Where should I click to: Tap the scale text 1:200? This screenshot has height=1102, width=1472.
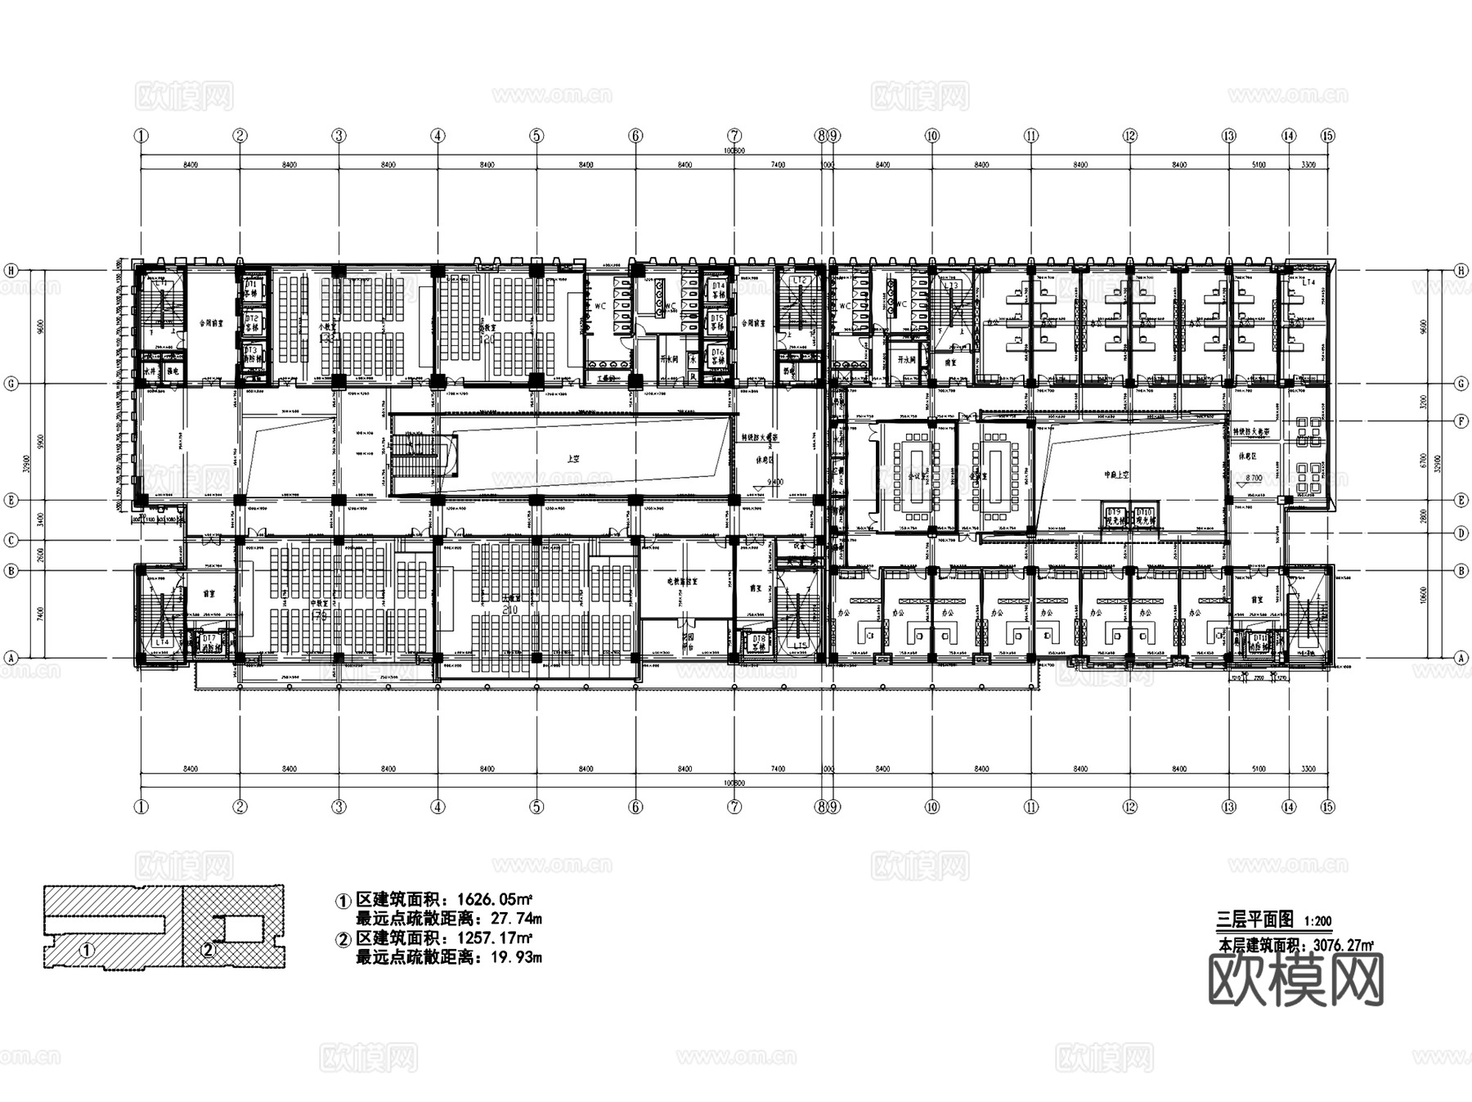point(1317,921)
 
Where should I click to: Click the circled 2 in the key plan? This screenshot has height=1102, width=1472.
point(208,950)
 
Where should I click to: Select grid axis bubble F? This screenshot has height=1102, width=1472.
point(1461,421)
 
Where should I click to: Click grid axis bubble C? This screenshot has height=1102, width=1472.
point(11,540)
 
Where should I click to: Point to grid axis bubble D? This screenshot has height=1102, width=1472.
point(1461,534)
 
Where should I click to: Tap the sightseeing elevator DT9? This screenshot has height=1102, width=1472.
point(1115,515)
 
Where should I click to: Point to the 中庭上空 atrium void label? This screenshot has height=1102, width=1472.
point(1117,475)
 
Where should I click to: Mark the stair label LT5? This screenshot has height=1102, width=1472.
point(800,646)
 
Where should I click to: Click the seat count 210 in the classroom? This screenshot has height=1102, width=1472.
point(511,609)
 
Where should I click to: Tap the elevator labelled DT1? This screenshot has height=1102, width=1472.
point(252,286)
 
